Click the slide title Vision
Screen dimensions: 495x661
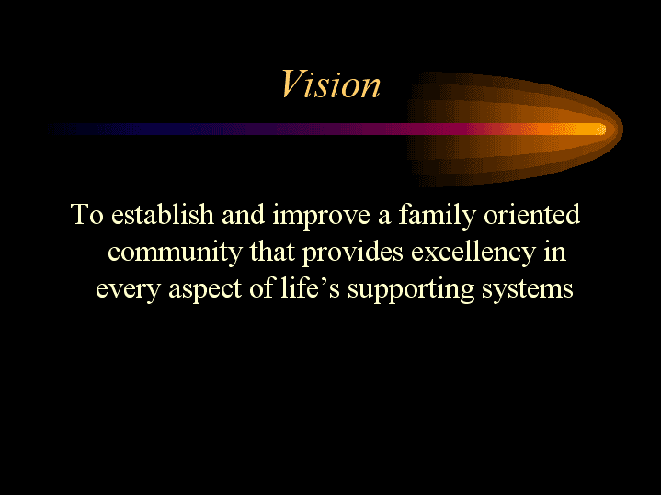coord(330,84)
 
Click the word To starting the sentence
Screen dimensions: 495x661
coord(87,216)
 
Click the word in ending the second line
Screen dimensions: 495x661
coord(554,252)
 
